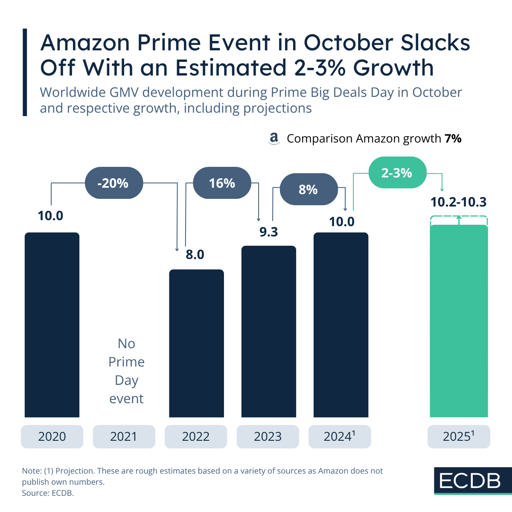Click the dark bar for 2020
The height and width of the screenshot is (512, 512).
[x=52, y=324]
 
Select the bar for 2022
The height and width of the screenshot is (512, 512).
[x=196, y=343]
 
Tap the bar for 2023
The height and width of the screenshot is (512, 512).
[x=268, y=331]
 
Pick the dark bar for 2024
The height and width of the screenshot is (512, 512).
[x=340, y=324]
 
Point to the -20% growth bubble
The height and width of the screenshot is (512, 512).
[x=113, y=183]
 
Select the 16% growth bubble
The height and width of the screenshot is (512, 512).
[x=222, y=183]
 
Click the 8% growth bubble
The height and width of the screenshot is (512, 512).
[x=308, y=189]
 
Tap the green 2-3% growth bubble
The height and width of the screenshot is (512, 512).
[x=397, y=173]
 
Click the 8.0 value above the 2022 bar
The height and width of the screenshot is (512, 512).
[x=195, y=255]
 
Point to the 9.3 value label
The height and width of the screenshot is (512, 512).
[x=269, y=232]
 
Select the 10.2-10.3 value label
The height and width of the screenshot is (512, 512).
[x=458, y=202]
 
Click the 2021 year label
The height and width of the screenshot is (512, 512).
[x=124, y=436]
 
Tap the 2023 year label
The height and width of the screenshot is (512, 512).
[x=268, y=436]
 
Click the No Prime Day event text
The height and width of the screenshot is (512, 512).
[x=127, y=371]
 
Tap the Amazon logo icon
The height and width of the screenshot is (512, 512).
[x=274, y=139]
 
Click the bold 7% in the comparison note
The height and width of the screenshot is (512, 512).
[x=453, y=139]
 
